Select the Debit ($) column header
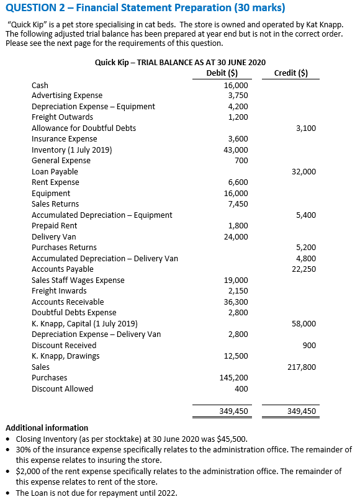click(x=221, y=73)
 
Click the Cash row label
click(x=40, y=85)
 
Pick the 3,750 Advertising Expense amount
click(x=238, y=96)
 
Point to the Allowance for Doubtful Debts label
click(x=84, y=128)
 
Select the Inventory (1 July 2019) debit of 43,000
click(x=236, y=150)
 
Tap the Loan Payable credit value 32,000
click(x=304, y=171)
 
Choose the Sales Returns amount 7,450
click(x=238, y=204)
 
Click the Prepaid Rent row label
click(x=55, y=226)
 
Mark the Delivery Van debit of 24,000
click(x=236, y=236)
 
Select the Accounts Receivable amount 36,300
click(x=236, y=302)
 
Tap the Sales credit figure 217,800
click(x=302, y=367)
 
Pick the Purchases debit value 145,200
click(x=234, y=378)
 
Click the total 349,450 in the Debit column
click(x=234, y=411)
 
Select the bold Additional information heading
click(x=47, y=428)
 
